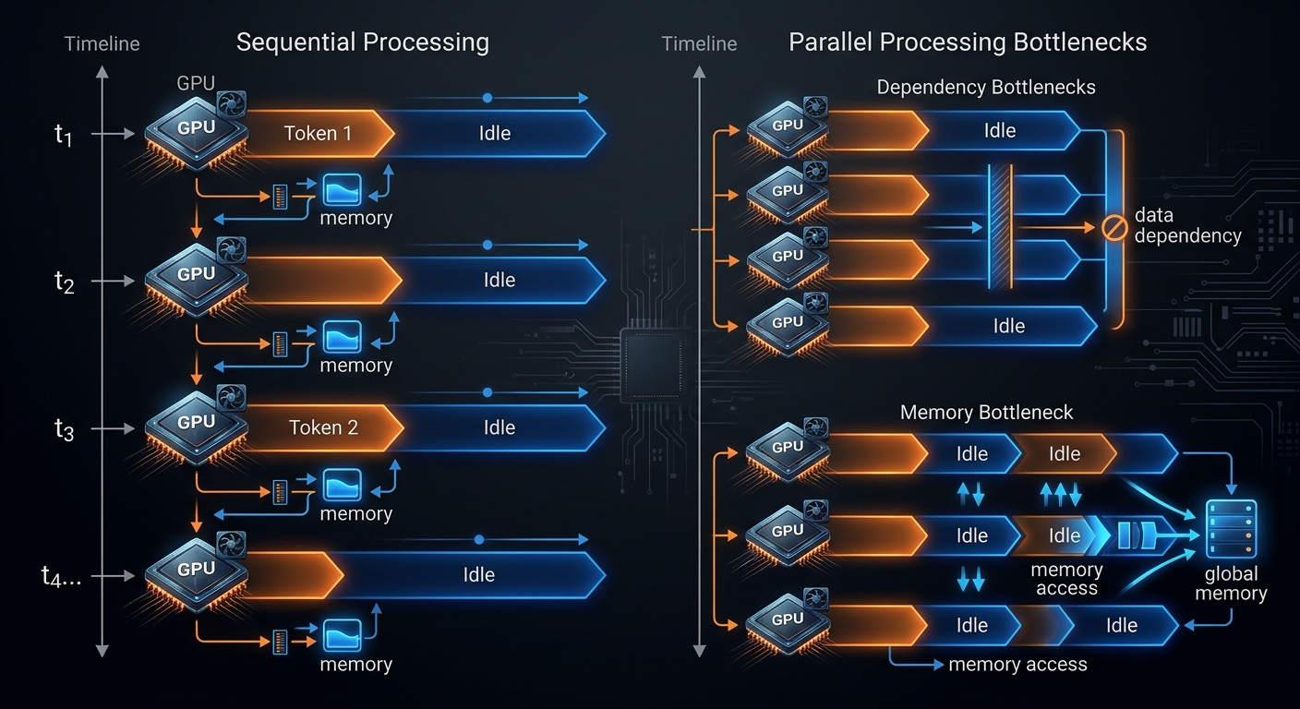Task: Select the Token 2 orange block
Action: click(322, 427)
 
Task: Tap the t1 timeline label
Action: click(64, 135)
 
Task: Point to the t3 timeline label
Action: click(64, 430)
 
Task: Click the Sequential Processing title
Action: click(363, 42)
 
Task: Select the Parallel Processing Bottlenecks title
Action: click(968, 42)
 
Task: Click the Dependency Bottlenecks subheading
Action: click(986, 87)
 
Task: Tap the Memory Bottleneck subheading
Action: click(986, 412)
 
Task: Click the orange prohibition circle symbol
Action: click(1114, 228)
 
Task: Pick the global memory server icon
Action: click(1231, 529)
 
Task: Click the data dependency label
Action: click(1187, 225)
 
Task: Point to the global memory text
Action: click(1231, 583)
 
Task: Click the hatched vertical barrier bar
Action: click(1000, 226)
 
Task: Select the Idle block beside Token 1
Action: click(496, 134)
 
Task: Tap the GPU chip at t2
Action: click(197, 280)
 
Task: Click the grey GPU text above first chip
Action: click(196, 83)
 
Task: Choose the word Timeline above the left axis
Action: click(102, 44)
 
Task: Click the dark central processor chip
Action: click(654, 366)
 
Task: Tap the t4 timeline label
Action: click(60, 576)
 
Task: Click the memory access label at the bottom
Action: click(1017, 665)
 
